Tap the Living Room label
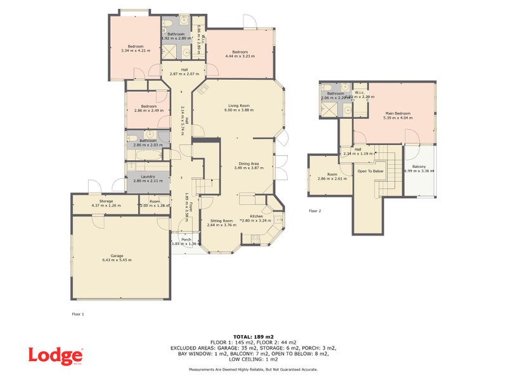coord(239,105)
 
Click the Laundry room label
coord(148,177)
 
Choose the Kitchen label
coord(256,216)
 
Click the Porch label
coord(186,239)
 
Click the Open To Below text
coord(371,171)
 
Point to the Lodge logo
coord(55,355)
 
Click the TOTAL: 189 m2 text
coord(253,336)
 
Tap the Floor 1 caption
coord(78,313)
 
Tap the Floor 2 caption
coord(315,211)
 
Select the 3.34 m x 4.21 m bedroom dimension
coord(136,50)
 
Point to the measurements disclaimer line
coord(253,369)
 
